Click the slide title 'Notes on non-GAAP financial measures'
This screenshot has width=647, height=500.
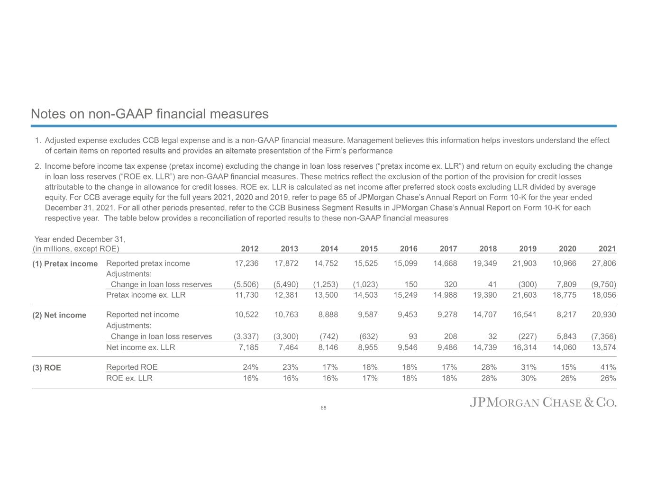click(149, 114)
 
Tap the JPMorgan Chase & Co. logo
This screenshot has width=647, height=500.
click(543, 403)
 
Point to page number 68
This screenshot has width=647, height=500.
click(323, 408)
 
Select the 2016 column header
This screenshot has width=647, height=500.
click(409, 249)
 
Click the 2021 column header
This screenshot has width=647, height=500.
click(607, 249)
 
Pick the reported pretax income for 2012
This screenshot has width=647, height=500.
click(247, 264)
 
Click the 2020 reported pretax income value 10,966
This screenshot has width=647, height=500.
click(565, 264)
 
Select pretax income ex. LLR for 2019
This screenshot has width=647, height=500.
click(525, 295)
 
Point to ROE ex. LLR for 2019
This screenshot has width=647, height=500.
click(529, 378)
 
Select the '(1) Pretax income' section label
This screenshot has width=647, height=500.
click(65, 264)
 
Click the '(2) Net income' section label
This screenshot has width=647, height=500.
click(59, 315)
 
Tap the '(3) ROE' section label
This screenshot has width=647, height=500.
click(46, 368)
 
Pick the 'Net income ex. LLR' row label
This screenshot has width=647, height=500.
click(140, 347)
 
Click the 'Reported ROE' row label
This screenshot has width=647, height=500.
click(132, 367)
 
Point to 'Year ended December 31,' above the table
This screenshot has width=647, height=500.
click(80, 239)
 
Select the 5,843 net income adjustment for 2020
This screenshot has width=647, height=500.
click(566, 336)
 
